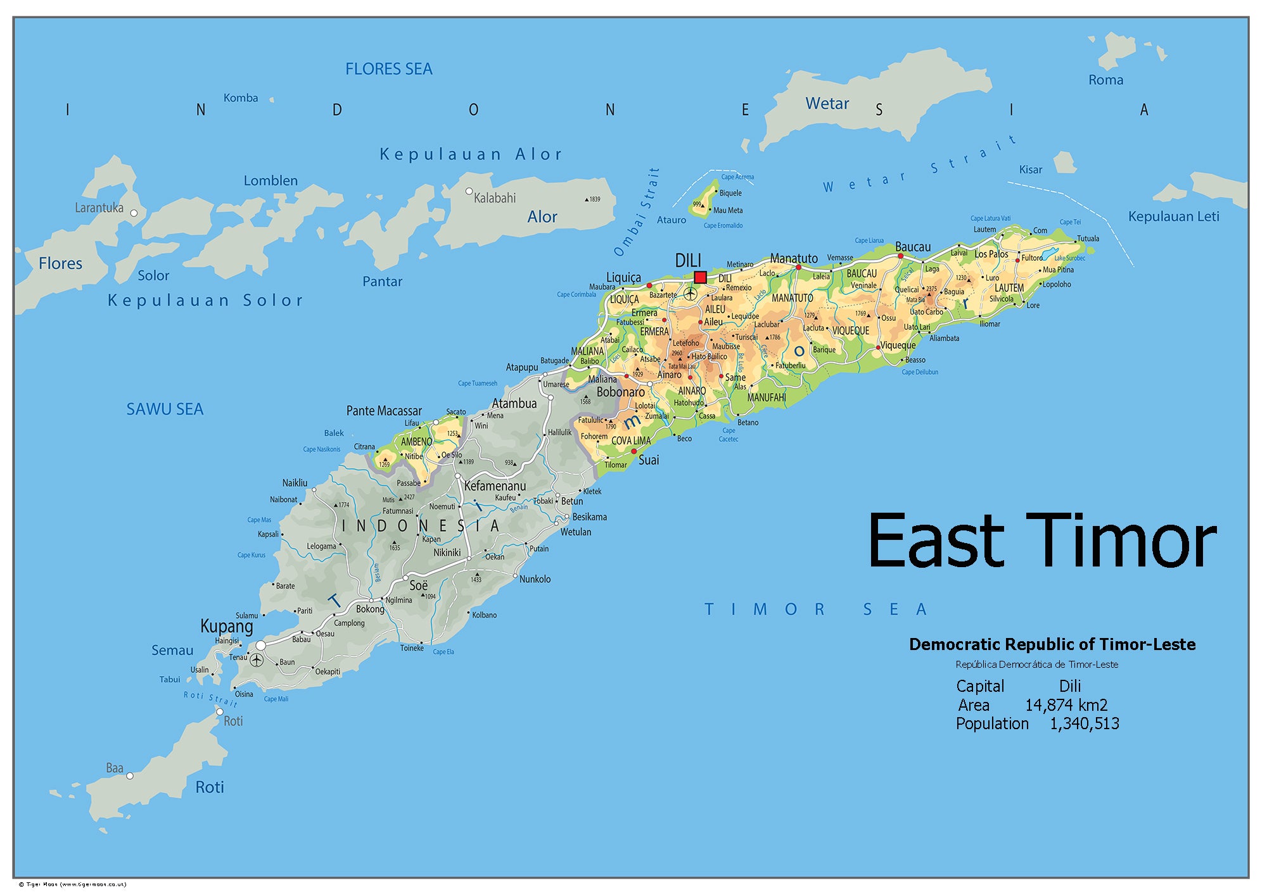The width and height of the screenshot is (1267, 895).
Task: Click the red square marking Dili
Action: [700, 277]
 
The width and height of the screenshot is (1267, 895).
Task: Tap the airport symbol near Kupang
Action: [257, 660]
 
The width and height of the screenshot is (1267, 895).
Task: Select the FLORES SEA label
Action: [388, 69]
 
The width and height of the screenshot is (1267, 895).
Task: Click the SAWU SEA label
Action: [165, 410]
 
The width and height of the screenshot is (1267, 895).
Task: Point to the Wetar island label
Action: [827, 103]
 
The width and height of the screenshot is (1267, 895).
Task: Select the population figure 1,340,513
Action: [1084, 723]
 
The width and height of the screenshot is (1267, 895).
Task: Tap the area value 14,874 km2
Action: [1066, 705]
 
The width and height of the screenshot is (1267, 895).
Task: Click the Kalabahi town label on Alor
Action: [495, 198]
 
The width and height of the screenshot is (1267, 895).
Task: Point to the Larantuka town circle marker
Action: [134, 213]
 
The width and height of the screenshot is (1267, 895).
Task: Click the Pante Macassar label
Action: [384, 411]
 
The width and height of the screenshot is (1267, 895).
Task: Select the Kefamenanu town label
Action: [495, 486]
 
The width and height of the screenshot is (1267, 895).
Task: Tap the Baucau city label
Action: [913, 247]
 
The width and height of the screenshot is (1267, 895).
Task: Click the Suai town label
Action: [649, 460]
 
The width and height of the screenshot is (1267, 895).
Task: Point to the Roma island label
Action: [1105, 80]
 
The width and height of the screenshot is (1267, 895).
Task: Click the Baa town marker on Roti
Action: [130, 775]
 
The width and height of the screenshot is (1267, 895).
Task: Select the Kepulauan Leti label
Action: [1173, 216]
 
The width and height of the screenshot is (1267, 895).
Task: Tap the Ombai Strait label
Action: [637, 212]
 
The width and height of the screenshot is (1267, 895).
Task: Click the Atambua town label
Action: [514, 403]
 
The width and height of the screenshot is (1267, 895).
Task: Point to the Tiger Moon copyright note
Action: [72, 884]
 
